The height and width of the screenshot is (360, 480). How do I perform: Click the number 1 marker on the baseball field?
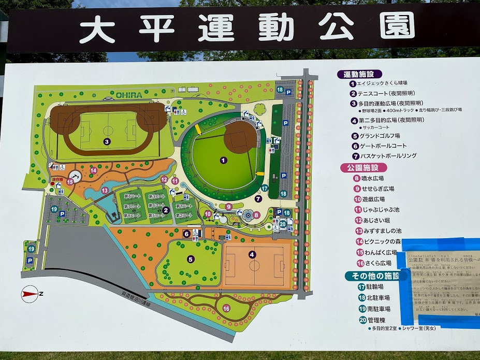coord(223,160)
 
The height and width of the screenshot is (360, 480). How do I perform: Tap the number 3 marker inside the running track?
coord(107,141)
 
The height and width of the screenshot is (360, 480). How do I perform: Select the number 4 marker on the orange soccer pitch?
coord(252,254)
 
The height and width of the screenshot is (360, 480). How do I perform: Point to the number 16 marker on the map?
coord(226,308)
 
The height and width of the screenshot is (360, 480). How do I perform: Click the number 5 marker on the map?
coord(191,259)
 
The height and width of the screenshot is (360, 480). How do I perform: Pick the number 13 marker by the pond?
coord(105,190)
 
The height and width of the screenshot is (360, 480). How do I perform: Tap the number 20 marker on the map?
coord(283,224)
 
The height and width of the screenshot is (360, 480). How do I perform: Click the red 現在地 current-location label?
coord(56,179)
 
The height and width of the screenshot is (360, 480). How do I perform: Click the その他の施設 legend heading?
coord(373,276)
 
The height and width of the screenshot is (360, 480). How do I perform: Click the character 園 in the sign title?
coord(397,26)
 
